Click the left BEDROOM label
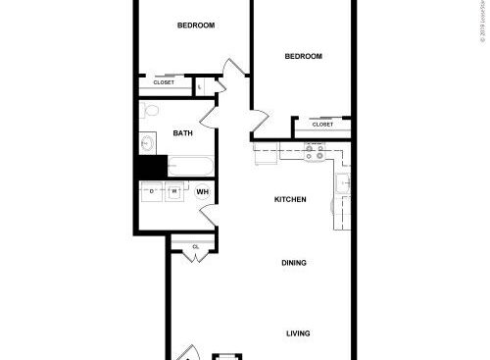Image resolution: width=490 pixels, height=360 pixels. (x=196, y=26)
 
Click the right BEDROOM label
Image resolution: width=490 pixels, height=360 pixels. (x=304, y=57)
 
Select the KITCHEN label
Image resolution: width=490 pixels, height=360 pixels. (x=290, y=200)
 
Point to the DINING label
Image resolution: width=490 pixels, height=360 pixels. (x=294, y=263)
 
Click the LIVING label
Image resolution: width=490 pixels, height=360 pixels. (x=298, y=334)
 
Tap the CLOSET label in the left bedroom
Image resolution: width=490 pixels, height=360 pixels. (x=164, y=82)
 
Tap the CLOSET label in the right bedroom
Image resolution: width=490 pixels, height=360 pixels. (x=322, y=125)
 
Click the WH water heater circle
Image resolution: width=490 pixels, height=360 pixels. (x=203, y=190)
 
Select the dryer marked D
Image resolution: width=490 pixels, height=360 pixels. (x=152, y=192)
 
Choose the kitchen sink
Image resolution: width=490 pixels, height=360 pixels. (x=343, y=183)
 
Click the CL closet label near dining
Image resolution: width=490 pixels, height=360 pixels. (x=196, y=246)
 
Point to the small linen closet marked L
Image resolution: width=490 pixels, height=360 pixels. (x=200, y=86)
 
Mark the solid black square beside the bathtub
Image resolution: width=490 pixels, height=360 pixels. (x=148, y=168)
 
